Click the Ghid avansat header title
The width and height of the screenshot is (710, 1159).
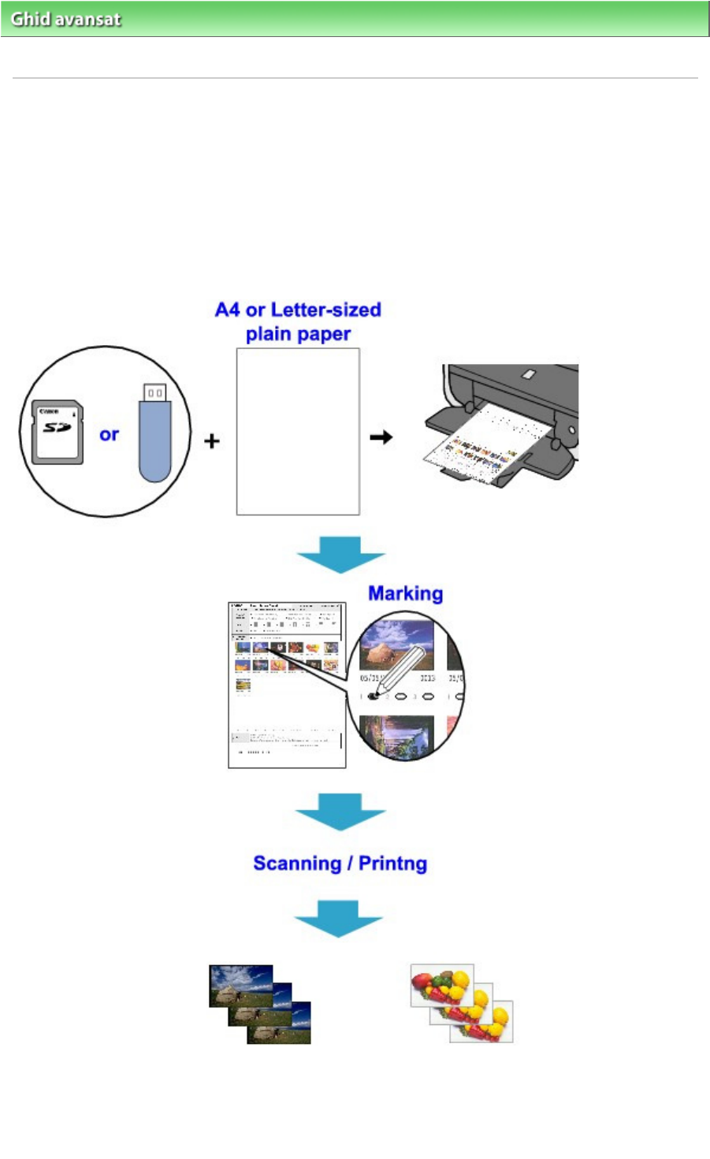coord(66,19)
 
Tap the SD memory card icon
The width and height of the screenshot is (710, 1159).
coord(57,431)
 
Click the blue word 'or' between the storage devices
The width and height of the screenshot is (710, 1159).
coord(109,434)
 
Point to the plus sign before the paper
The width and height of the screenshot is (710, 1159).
coord(211,441)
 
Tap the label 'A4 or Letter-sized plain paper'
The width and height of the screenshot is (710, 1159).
coord(298,321)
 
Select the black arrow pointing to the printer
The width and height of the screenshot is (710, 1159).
coord(381,436)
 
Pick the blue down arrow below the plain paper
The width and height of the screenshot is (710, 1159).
coord(340,554)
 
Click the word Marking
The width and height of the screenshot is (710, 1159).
coord(405,593)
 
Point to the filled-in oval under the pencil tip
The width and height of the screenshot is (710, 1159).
coord(374,697)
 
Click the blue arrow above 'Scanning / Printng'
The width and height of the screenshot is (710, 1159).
coord(340,811)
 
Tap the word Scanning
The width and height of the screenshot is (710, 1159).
coord(298,864)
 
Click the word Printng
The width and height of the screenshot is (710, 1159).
coord(392,864)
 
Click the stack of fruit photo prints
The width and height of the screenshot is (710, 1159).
coord(462,1002)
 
